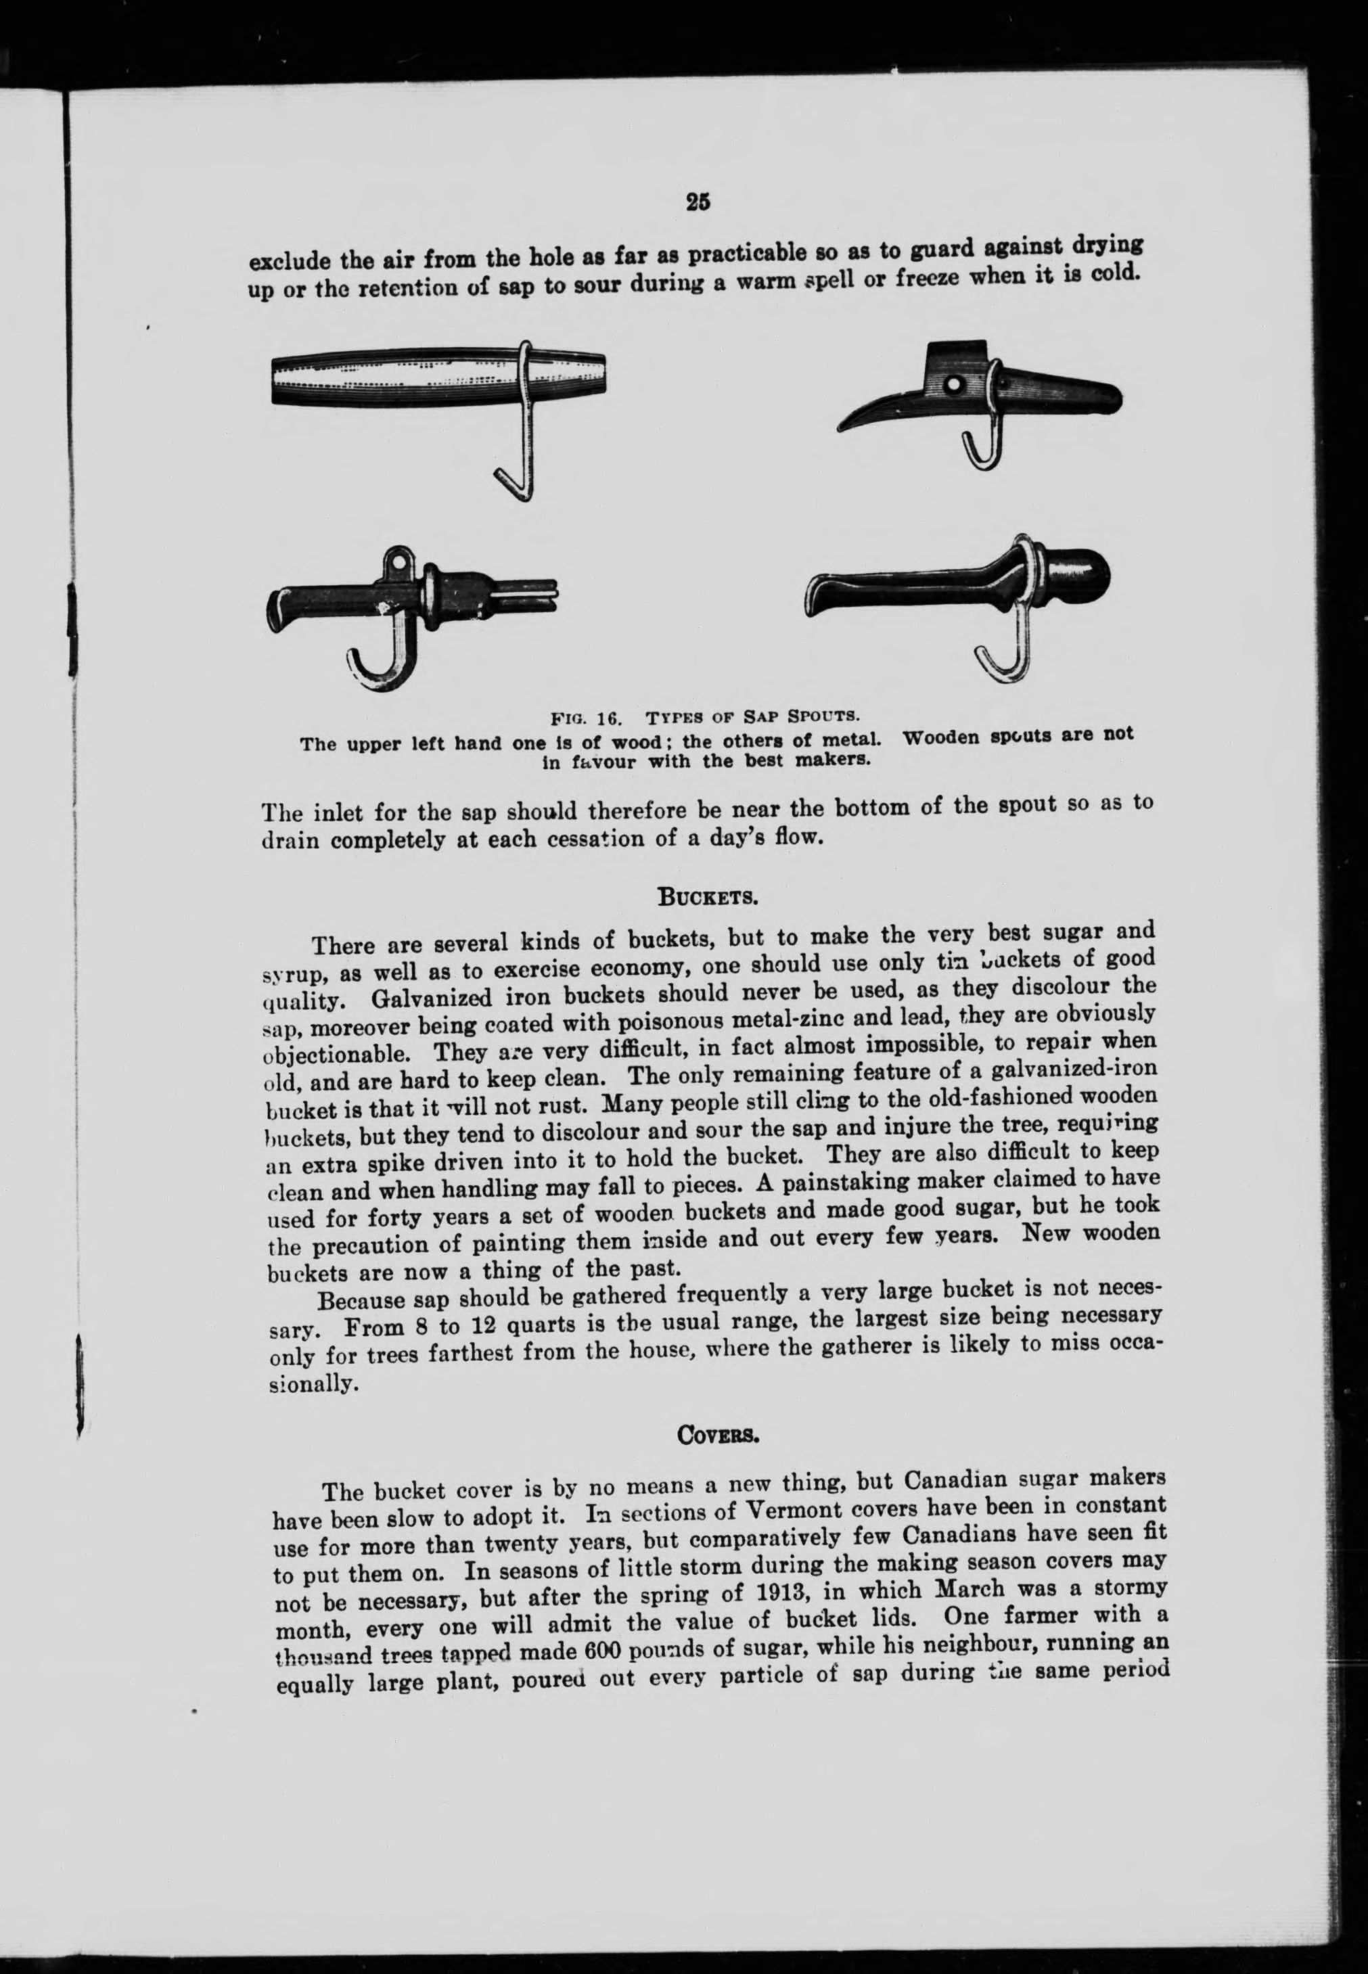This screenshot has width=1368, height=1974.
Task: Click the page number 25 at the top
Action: tap(698, 202)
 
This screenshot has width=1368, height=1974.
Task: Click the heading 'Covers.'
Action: tap(716, 1431)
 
